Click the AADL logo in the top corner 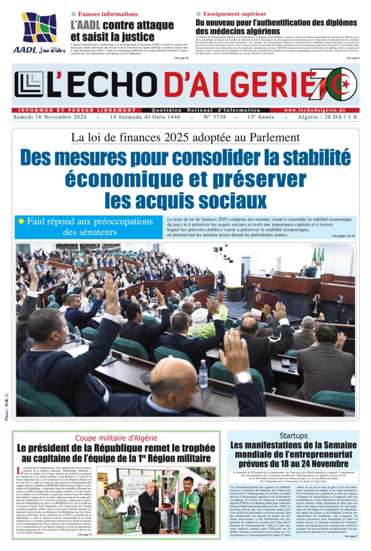[x=39, y=32]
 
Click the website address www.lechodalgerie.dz [x=322, y=111]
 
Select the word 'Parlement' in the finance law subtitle [x=274, y=138]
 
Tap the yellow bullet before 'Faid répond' [x=21, y=221]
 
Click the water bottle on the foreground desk [x=203, y=373]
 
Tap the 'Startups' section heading [x=293, y=436]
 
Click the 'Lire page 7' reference [x=349, y=536]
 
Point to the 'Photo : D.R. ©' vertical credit [x=6, y=406]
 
